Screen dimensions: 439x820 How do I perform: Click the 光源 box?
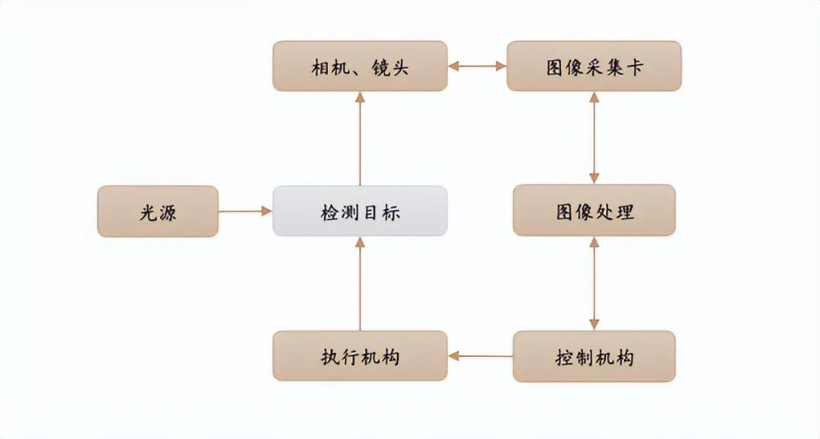click(158, 212)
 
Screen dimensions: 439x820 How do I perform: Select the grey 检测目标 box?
click(360, 211)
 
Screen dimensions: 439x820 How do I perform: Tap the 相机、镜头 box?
click(360, 67)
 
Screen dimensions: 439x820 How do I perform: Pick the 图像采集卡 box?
click(594, 67)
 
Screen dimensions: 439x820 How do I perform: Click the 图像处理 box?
click(594, 211)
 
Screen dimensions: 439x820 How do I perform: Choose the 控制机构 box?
click(594, 356)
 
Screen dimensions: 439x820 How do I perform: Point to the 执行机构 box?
click(360, 356)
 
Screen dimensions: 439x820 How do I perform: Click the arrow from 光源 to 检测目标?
click(245, 212)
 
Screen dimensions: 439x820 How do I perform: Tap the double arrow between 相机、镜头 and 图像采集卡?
click(477, 67)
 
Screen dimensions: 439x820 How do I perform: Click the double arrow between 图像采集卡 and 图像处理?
click(594, 138)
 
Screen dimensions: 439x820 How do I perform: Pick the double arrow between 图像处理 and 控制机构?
click(594, 284)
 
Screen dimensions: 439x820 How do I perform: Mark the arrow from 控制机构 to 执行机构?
click(480, 356)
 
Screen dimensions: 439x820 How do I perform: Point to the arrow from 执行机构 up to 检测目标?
click(360, 284)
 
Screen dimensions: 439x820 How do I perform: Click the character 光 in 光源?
click(148, 212)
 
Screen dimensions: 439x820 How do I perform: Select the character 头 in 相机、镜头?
click(399, 67)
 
